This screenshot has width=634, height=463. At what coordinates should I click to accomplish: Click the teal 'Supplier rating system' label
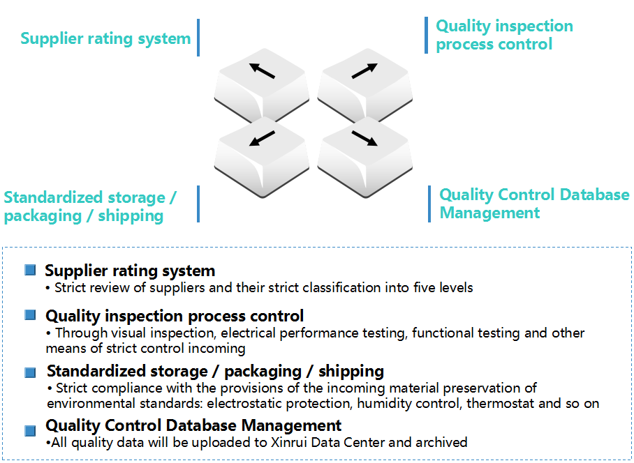tap(105, 38)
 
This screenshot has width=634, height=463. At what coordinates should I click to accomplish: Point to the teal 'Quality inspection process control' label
tap(504, 36)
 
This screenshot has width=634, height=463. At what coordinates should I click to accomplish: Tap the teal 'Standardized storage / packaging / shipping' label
tap(90, 206)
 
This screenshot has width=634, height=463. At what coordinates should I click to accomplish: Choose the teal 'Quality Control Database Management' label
tap(533, 204)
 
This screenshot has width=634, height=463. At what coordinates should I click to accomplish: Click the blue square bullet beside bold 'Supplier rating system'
tap(30, 270)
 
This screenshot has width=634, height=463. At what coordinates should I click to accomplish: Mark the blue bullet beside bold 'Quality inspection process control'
tap(30, 315)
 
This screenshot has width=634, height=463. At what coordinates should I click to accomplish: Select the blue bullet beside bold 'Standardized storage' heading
tap(30, 372)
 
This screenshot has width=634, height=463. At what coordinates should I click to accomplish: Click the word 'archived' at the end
tap(441, 442)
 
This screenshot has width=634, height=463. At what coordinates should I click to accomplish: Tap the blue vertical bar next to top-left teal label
tap(198, 38)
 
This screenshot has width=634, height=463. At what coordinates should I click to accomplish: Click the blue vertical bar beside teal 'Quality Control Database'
tap(429, 204)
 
